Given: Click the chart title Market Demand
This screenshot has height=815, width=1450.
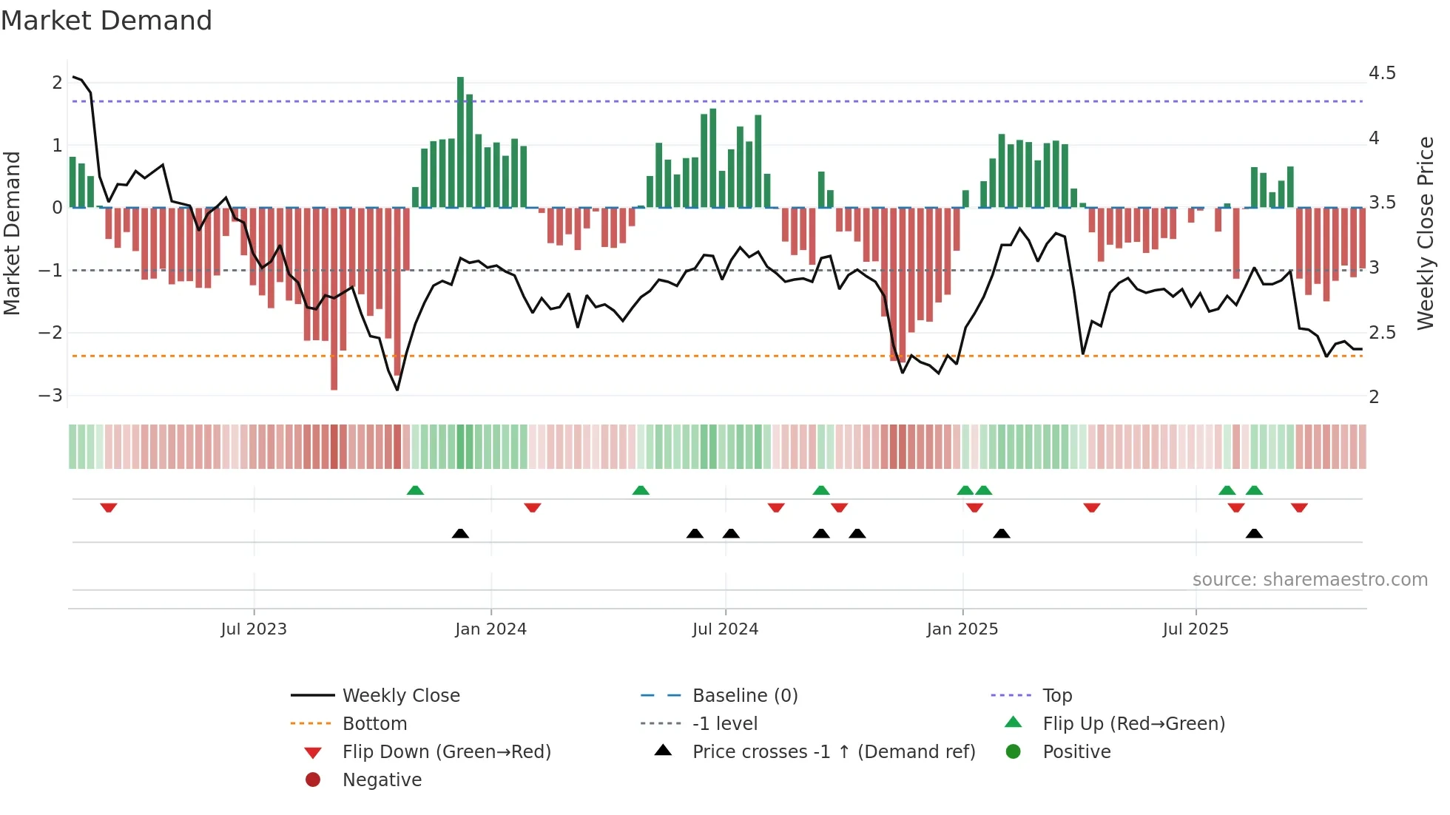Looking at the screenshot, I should click(107, 21).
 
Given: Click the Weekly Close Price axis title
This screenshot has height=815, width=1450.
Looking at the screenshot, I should click(1425, 233).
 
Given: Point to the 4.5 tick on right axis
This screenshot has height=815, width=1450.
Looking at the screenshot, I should click(1381, 73).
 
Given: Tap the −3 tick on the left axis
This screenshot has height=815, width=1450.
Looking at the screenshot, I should click(51, 395).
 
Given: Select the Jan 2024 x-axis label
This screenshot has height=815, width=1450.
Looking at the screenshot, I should click(490, 629).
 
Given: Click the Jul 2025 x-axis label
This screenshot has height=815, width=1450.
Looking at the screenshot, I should click(1195, 629).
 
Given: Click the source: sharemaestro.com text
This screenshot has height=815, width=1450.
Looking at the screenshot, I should click(1309, 580).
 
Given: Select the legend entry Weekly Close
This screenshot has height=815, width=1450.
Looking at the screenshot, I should click(400, 696).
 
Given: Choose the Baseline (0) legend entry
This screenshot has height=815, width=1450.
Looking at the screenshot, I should click(744, 696).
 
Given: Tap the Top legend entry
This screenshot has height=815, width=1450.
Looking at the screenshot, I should click(1056, 696).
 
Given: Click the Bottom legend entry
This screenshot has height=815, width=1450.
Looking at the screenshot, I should click(374, 724).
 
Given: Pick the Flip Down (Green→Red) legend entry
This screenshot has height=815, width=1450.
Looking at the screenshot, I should click(446, 752).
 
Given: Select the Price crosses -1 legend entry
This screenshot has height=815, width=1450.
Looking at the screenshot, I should click(833, 752).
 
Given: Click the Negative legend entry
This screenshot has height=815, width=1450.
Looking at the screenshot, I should click(382, 780).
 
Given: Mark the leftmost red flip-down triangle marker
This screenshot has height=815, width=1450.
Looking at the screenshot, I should click(109, 507).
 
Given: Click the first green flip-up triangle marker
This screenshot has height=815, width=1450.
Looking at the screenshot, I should click(415, 490).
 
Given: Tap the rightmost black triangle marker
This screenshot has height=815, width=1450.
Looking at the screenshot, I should click(1254, 533).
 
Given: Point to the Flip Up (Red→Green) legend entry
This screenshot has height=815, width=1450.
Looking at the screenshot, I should click(1133, 724).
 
